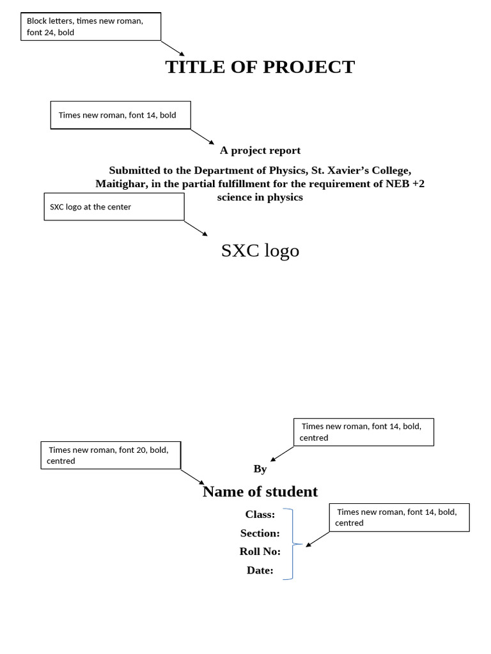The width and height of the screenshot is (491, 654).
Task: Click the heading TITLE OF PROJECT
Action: coord(260,67)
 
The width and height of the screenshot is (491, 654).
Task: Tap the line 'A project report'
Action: coord(260,151)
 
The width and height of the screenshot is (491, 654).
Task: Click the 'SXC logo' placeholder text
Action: coord(260,251)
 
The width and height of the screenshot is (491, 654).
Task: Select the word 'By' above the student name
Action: coord(260,469)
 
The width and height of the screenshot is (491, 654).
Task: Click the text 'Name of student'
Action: coord(260,492)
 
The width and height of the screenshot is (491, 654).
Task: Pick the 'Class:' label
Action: coord(260,514)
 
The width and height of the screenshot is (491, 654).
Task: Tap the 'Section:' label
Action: coord(260,533)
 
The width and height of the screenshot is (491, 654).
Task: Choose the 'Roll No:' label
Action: coord(260,552)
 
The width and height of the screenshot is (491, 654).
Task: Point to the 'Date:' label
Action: coord(260,570)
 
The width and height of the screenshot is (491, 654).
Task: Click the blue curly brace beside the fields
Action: coord(292,544)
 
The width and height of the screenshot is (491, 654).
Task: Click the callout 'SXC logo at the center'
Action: coord(114,207)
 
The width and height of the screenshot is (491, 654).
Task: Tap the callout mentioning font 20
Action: coord(111,455)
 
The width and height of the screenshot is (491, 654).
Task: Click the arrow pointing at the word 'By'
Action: coord(282,453)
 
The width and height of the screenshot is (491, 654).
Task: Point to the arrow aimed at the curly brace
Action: coord(318,539)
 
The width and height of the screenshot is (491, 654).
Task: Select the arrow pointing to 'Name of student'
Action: coord(192,477)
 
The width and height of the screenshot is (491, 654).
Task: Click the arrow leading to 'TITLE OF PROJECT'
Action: coord(173,49)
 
